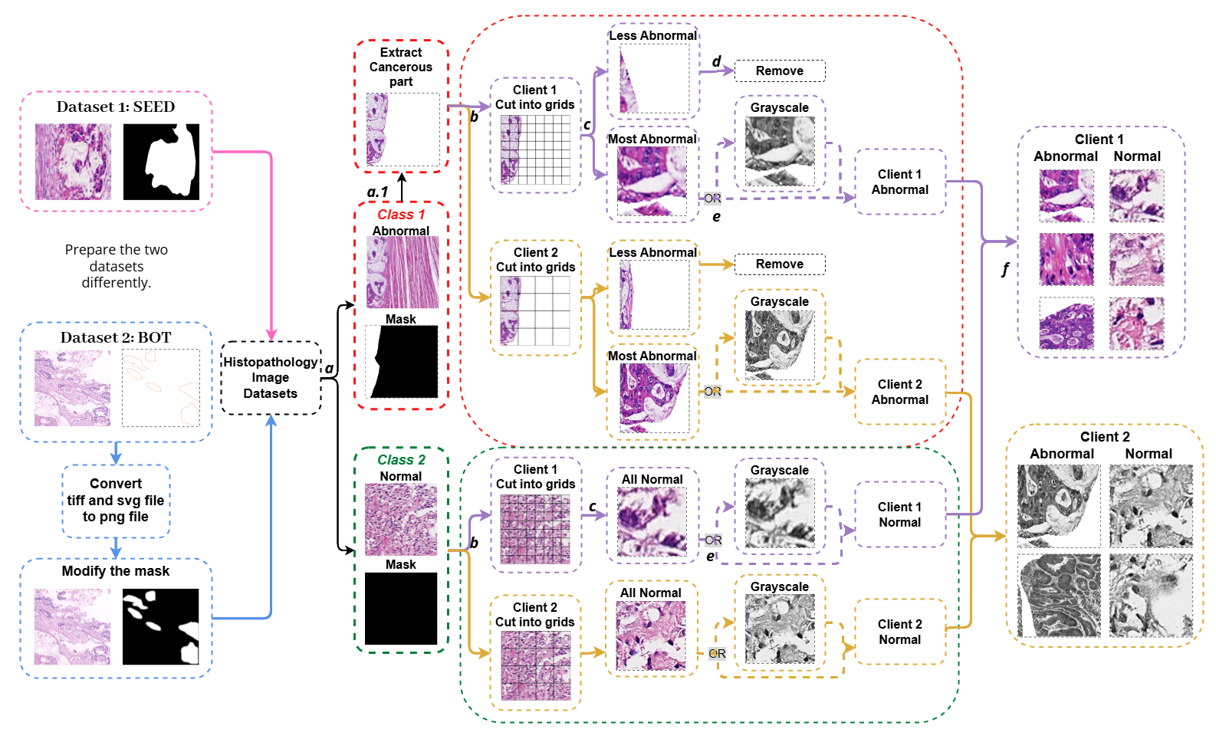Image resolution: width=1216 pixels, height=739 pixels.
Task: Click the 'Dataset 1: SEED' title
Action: [x=116, y=107]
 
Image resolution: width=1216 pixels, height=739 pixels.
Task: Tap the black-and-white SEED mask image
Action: [x=161, y=162]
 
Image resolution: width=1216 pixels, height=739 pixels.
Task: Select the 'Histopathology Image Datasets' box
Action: [x=271, y=378]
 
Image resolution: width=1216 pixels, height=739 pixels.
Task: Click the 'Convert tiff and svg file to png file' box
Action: [x=116, y=501]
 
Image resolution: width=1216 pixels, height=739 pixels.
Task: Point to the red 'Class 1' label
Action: [x=401, y=215]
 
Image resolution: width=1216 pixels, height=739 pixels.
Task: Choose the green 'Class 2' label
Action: [x=401, y=459]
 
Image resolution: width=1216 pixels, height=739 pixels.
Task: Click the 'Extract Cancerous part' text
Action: [x=401, y=67]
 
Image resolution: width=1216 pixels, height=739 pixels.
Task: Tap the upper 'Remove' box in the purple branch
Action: [x=780, y=71]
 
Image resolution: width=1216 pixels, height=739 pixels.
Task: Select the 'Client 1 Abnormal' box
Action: [x=900, y=182]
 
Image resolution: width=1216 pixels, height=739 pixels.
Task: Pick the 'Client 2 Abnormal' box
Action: [x=900, y=392]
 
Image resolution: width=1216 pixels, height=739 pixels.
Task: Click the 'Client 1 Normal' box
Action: [x=900, y=514]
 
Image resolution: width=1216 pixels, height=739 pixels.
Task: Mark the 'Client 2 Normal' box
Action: [x=900, y=632]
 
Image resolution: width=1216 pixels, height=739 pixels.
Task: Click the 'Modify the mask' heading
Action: [x=116, y=571]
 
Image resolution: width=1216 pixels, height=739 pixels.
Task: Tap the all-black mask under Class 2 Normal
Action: [x=401, y=608]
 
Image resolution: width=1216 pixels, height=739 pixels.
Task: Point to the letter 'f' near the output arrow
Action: [x=1005, y=269]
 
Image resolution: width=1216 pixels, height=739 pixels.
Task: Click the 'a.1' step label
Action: [x=378, y=192]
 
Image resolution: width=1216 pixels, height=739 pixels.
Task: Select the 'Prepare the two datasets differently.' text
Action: [x=117, y=266]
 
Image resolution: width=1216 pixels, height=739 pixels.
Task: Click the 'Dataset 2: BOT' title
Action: [x=116, y=337]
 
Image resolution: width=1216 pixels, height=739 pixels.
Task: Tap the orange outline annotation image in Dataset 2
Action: [x=161, y=387]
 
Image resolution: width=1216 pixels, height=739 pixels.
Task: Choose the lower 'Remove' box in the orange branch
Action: [x=780, y=264]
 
